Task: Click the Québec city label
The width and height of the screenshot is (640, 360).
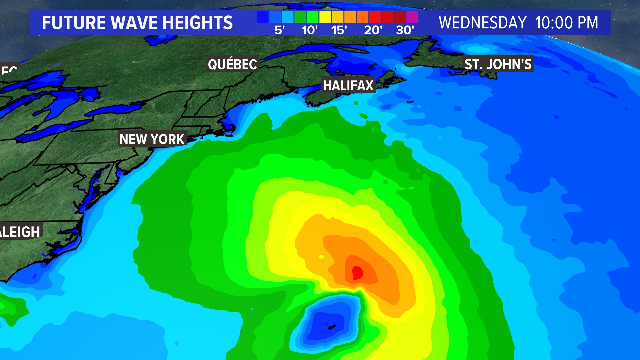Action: (232, 64)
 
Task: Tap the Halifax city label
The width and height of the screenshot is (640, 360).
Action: (348, 85)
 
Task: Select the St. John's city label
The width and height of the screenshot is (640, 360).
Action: (498, 64)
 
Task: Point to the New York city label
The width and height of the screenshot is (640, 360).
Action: (152, 139)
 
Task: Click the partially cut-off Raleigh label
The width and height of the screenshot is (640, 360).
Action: (20, 232)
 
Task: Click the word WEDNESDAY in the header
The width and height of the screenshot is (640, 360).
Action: (482, 23)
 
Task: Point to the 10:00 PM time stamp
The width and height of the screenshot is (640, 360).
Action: (566, 23)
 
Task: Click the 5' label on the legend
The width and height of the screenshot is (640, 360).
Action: (279, 30)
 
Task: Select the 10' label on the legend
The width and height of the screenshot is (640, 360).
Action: (309, 30)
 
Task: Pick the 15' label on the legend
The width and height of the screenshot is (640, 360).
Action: (339, 30)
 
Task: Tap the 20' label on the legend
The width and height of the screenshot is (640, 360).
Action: (373, 30)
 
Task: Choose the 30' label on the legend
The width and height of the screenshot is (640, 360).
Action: (405, 30)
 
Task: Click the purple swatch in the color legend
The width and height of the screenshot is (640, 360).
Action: (412, 17)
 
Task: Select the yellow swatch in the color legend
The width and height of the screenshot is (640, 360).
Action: (325, 17)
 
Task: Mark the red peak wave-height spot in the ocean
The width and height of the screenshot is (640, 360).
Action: (357, 272)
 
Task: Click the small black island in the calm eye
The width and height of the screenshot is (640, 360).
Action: (332, 327)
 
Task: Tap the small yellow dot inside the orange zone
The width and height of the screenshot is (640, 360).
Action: (322, 257)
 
